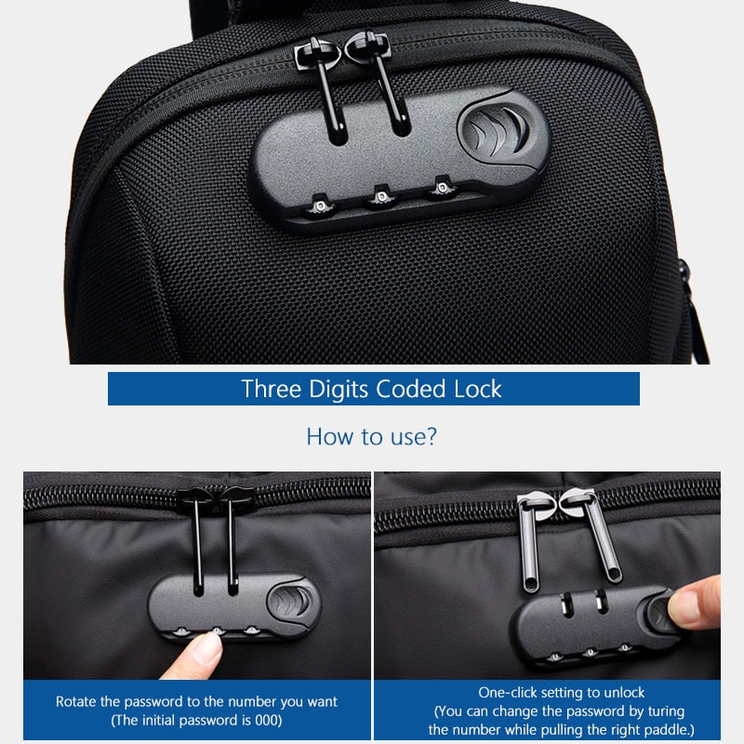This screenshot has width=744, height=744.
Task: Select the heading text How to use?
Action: pos(371,436)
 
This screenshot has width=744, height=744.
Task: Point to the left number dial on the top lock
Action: pos(319,204)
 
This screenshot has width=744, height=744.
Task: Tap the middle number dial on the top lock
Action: pos(379,195)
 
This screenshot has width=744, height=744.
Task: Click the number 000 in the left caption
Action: pos(262,720)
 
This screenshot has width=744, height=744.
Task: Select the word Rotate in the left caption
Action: pos(76,701)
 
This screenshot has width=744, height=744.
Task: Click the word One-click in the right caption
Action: pos(508,693)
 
